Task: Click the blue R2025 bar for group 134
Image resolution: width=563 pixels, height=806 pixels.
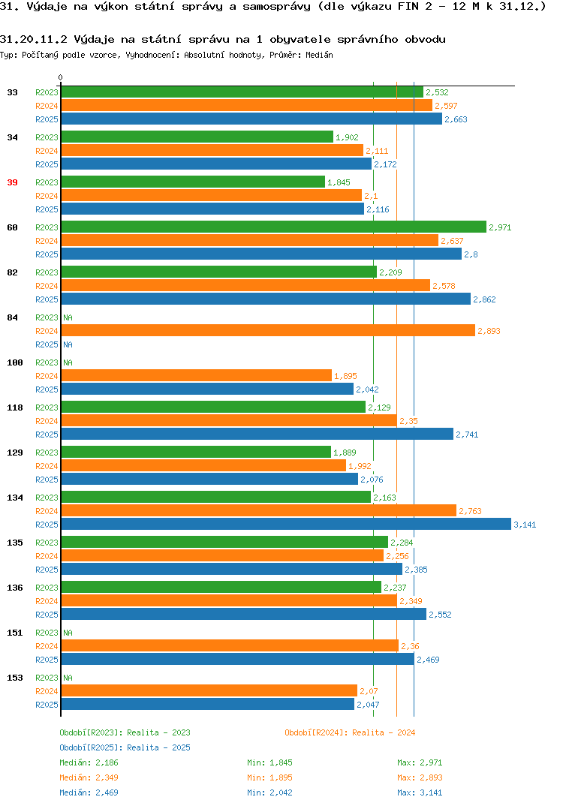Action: (x=287, y=524)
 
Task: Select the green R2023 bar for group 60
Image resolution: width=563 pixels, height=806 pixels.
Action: (x=274, y=227)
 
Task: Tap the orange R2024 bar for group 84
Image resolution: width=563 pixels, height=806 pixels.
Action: (x=269, y=330)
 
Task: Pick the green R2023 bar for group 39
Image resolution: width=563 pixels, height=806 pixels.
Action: (x=194, y=182)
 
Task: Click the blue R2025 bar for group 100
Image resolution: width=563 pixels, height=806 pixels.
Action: (x=208, y=389)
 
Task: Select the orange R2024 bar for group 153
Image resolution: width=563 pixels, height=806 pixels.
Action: (x=209, y=690)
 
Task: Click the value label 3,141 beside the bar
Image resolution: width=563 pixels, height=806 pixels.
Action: (x=525, y=525)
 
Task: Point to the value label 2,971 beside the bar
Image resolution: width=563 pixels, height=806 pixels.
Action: (x=500, y=227)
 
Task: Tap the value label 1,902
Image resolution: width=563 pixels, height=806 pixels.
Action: (x=347, y=137)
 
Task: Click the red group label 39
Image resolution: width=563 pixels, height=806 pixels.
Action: (x=12, y=182)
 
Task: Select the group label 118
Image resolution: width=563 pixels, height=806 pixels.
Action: (x=15, y=408)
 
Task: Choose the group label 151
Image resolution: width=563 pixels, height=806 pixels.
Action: (x=15, y=633)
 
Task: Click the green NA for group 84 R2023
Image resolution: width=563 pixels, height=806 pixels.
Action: (x=68, y=317)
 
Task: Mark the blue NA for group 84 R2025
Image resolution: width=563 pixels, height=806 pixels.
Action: (x=68, y=344)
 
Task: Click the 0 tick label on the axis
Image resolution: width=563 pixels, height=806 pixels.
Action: (x=61, y=77)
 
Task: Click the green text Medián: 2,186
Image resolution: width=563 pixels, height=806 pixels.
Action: (x=89, y=762)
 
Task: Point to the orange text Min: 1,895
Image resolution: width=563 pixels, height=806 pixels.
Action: (x=269, y=777)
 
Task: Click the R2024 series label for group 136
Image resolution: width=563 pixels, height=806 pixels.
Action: (x=47, y=601)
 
